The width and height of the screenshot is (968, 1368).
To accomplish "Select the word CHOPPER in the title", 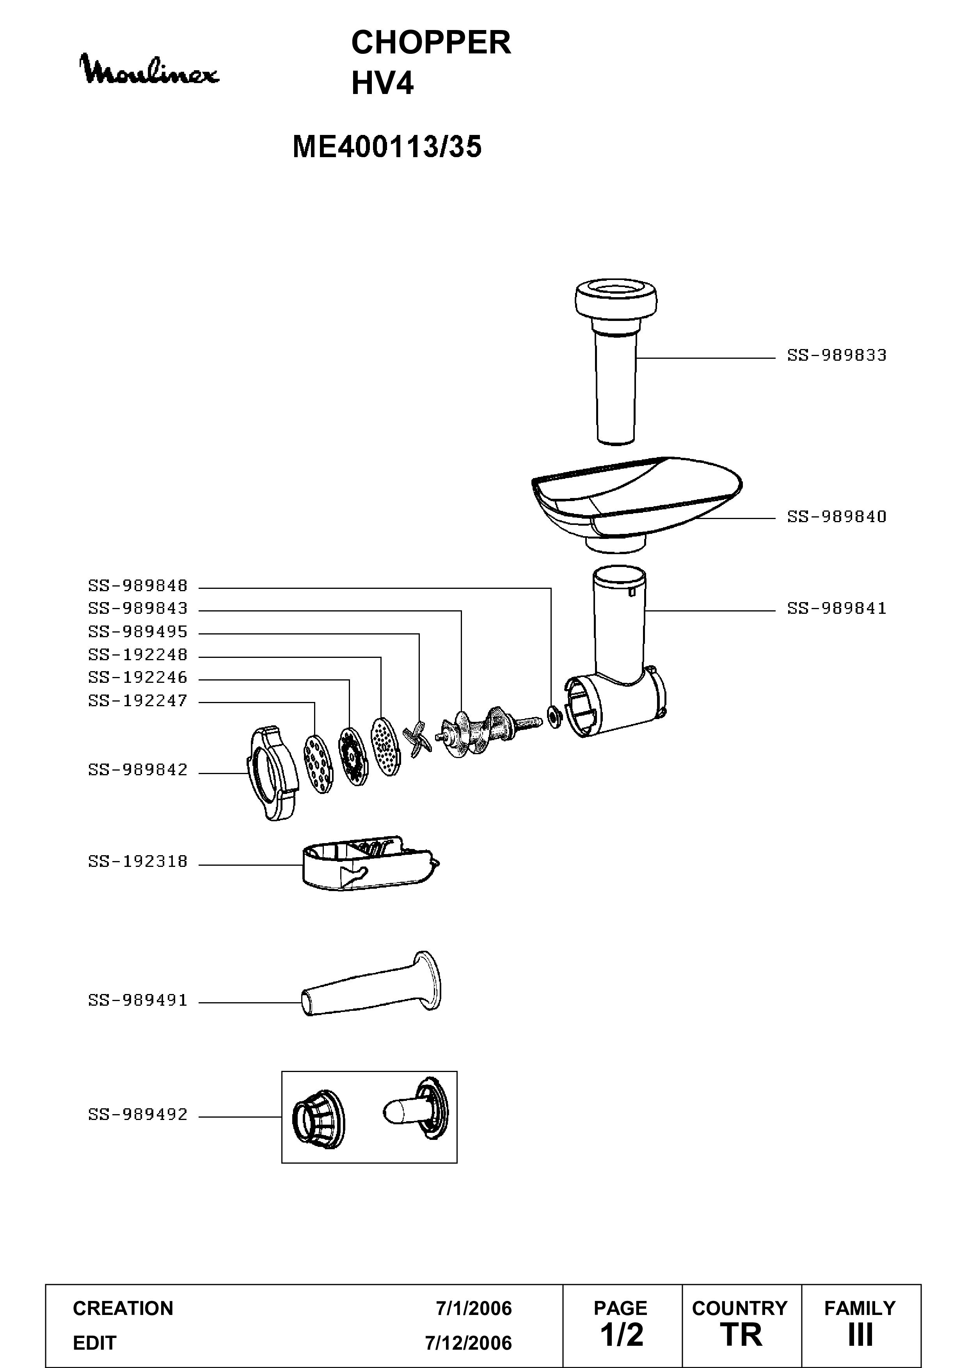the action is coord(431,43).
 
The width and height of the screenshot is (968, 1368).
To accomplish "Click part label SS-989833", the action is coord(837,355).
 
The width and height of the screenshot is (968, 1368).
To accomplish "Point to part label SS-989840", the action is coord(837,517).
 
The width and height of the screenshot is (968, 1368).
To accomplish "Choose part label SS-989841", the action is coord(837,608).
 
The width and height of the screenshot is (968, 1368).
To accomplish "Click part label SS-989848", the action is coord(138,586).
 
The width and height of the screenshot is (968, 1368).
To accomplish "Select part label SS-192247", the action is coord(138,701).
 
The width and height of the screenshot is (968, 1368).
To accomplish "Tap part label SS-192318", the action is coord(138,861).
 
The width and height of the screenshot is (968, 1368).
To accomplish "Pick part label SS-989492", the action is coord(138,1114).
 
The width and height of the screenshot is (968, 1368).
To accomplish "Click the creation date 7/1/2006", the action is coord(474,1308).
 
